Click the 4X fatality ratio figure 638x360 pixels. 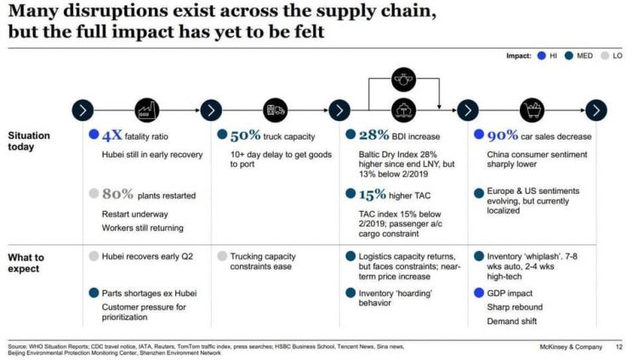[x=111, y=135]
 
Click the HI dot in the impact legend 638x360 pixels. [x=541, y=55]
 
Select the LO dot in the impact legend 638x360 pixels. [x=604, y=55]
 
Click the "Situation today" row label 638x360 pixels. [x=29, y=141]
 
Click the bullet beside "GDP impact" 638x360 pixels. [x=478, y=292]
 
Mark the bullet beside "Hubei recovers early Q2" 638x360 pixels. [x=94, y=255]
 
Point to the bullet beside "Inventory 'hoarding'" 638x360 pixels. [x=350, y=293]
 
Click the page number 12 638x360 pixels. [x=619, y=346]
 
